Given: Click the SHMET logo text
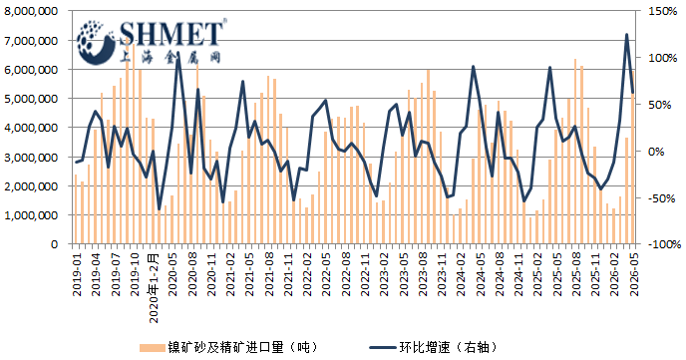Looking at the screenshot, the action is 171,34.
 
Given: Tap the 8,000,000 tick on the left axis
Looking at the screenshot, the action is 31,11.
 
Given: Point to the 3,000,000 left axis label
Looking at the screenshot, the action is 31,157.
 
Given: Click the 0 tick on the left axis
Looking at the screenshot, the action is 54,244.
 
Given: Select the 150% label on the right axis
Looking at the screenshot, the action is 663,11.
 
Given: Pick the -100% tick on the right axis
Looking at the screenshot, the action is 664,244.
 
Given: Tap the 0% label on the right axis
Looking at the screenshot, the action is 656,152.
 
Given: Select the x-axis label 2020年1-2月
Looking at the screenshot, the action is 154,287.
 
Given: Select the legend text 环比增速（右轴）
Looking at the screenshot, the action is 448,348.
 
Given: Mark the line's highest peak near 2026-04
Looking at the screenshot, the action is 626,35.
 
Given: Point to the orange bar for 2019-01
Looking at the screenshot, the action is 76,209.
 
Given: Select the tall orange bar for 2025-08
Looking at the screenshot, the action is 575,152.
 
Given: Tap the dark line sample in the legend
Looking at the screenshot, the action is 383,348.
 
